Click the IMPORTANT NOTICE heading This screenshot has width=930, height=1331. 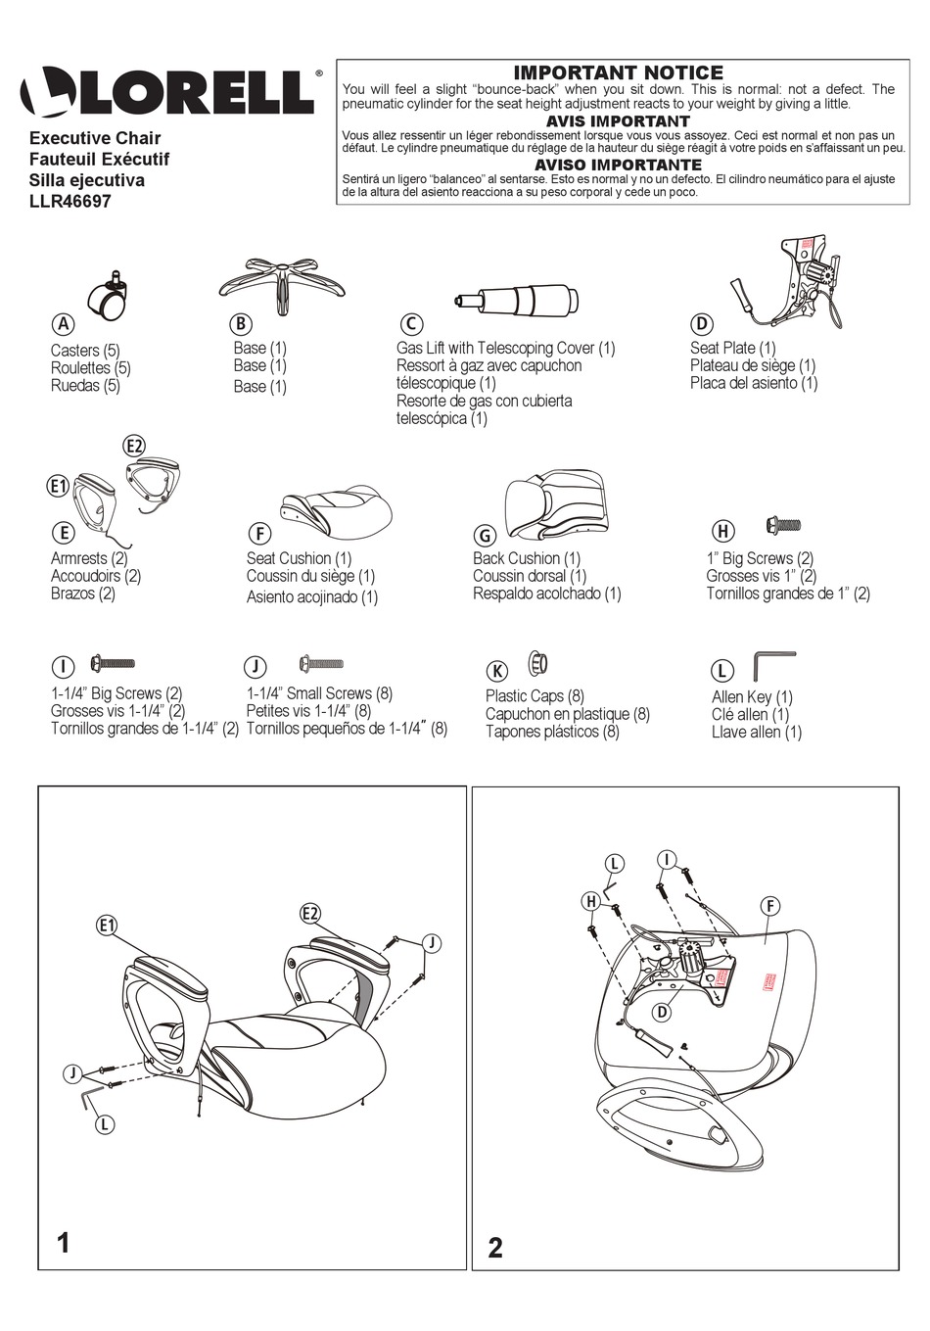(x=618, y=72)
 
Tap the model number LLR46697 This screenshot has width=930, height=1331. (x=70, y=202)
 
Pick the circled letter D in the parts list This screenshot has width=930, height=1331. (x=701, y=324)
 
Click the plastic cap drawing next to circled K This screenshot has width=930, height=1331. (x=537, y=663)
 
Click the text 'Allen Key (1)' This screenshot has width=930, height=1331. (x=752, y=697)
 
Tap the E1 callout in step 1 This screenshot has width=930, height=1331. (x=107, y=925)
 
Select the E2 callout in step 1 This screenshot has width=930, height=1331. (x=310, y=913)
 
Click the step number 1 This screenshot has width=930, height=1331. (x=64, y=1243)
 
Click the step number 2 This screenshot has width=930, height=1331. (x=495, y=1247)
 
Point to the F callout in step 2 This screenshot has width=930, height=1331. (x=770, y=906)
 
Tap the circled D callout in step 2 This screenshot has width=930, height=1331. (x=662, y=1012)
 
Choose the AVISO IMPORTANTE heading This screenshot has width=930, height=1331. (x=618, y=165)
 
